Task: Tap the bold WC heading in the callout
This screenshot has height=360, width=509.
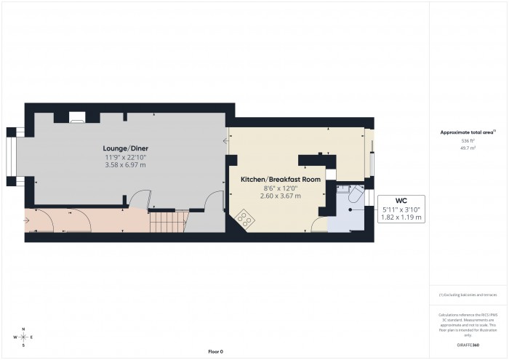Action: [400, 200]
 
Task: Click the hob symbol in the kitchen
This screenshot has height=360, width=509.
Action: [244, 217]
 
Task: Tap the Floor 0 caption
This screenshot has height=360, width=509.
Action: [215, 351]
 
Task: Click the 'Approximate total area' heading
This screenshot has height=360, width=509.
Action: [467, 132]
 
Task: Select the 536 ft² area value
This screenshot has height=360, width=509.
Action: [467, 140]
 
